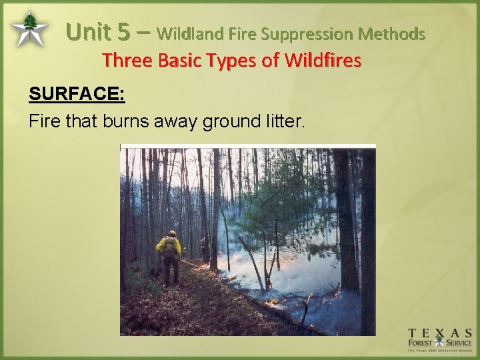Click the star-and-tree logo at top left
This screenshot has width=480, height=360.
tap(29, 29)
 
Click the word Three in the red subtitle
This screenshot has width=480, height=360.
tap(127, 61)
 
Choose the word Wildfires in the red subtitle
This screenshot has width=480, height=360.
tap(323, 61)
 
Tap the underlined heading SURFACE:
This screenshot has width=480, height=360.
tap(77, 94)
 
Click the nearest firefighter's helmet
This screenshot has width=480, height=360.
tap(172, 233)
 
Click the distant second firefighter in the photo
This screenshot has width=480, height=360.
tap(203, 247)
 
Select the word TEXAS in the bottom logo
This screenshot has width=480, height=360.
tap(441, 333)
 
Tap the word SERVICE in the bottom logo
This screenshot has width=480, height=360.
tap(459, 344)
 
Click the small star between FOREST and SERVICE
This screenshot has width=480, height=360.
tap(441, 344)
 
